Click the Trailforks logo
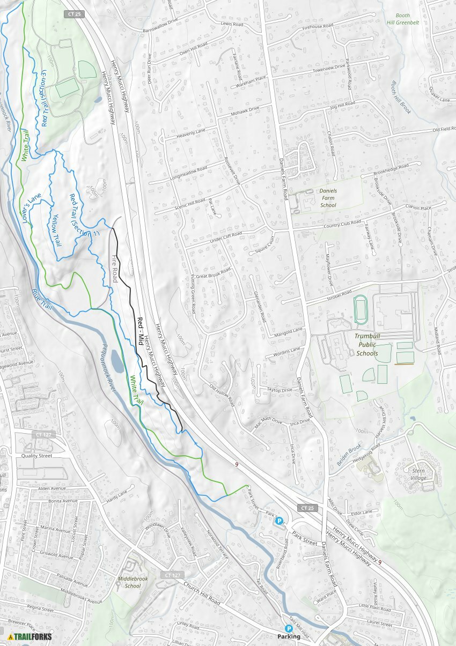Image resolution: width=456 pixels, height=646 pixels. click(x=29, y=636)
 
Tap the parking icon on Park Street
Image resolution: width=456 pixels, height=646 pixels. click(x=279, y=521)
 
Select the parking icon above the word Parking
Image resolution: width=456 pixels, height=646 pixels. click(x=289, y=628)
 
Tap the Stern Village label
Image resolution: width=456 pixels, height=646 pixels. click(x=418, y=474)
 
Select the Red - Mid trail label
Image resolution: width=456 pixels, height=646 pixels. click(x=141, y=333)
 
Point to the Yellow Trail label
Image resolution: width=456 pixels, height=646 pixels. click(x=56, y=230)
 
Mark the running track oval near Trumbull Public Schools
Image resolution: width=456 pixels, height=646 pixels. click(x=361, y=310)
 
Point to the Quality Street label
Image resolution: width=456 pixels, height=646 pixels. click(x=36, y=456)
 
